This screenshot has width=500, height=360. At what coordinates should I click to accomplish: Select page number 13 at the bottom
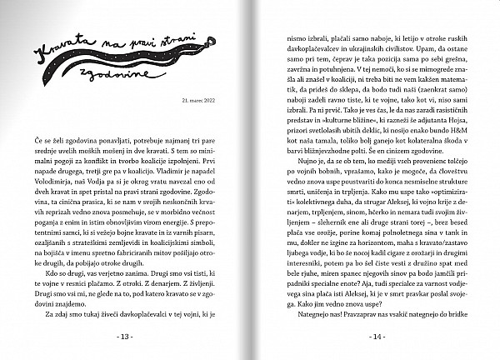coord(127,337)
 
